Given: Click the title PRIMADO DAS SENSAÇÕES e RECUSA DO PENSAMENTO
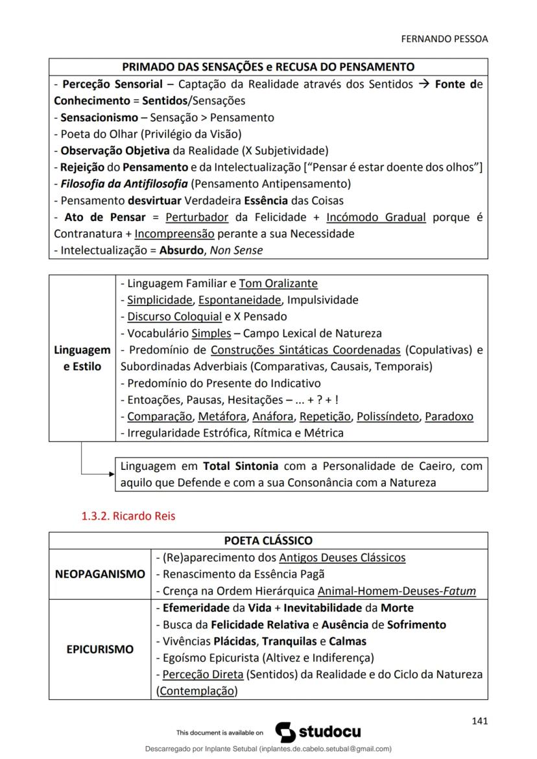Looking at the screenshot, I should pyautogui.click(x=268, y=67).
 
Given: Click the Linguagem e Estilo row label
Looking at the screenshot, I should pyautogui.click(x=82, y=358).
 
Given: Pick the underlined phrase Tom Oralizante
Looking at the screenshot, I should pyautogui.click(x=278, y=283).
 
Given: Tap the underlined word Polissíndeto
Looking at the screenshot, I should pyautogui.click(x=388, y=416).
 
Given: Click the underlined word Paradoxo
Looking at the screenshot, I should pyautogui.click(x=449, y=416).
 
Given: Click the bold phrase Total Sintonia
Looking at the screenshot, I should pyautogui.click(x=241, y=466).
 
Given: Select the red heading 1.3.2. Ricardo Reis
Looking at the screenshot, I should pyautogui.click(x=128, y=517).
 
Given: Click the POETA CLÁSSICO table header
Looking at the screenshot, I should pyautogui.click(x=268, y=541).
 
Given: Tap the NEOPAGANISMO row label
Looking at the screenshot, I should pyautogui.click(x=100, y=574).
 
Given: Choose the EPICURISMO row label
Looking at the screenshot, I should pyautogui.click(x=100, y=649).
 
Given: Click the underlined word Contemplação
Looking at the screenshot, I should pyautogui.click(x=197, y=691).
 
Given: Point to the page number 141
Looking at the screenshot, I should pyautogui.click(x=479, y=721).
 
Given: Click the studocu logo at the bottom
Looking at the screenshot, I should pyautogui.click(x=318, y=732).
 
